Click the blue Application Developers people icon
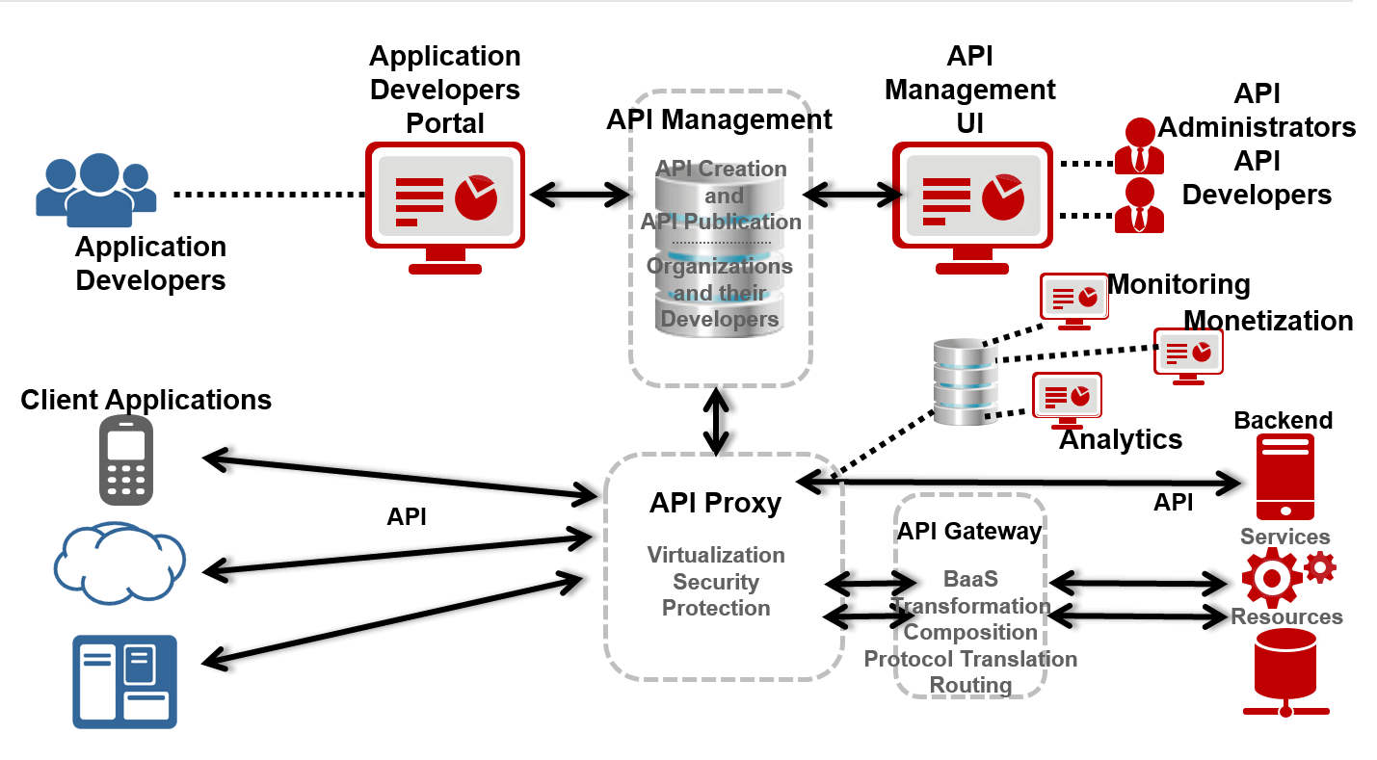[96, 186]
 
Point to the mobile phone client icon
[126, 460]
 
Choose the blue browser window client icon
[124, 680]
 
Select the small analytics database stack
[965, 382]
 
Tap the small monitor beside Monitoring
[1073, 298]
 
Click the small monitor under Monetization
[1188, 354]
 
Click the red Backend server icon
[1284, 476]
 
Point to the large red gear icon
[1271, 577]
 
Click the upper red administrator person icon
[1139, 144]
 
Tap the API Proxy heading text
[715, 503]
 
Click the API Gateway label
[969, 532]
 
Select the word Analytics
[1121, 439]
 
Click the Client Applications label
[146, 399]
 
